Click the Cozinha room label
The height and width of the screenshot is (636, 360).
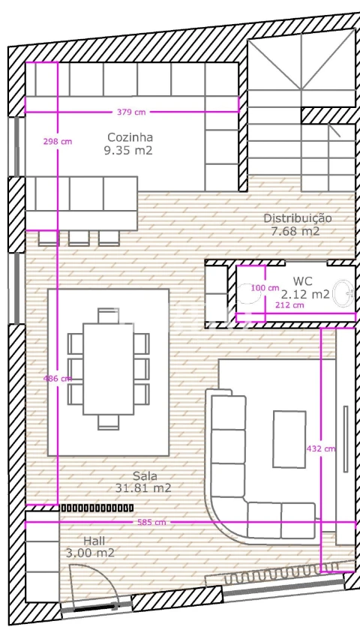point(130,137)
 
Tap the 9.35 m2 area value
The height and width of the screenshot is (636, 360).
point(128,151)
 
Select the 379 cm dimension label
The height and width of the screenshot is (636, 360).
point(131,112)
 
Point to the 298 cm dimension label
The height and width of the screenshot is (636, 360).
point(58,141)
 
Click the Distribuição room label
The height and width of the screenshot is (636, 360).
point(298,218)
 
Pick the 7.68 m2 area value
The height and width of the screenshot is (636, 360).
point(295,231)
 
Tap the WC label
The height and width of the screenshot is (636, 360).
point(302,281)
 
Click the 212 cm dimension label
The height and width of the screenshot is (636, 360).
point(289,305)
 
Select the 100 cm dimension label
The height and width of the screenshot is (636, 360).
point(265,288)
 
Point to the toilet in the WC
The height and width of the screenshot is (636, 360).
point(248,293)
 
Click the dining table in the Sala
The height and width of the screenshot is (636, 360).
point(108,369)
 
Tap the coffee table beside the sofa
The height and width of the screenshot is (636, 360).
point(289,439)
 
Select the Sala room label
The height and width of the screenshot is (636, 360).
point(145,475)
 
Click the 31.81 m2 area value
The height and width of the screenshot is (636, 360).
point(143,487)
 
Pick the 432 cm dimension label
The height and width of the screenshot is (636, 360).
point(321,448)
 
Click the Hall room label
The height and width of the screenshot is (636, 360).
point(94,541)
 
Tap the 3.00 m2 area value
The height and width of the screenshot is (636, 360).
point(90,553)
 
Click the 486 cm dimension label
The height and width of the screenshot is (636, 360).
point(58,379)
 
